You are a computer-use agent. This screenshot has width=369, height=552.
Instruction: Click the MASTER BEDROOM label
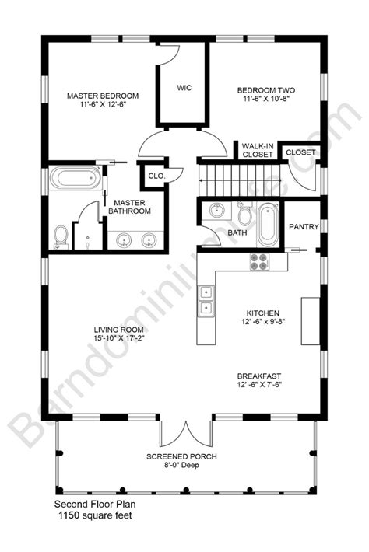103,96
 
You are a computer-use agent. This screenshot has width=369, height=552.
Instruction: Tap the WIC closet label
184,87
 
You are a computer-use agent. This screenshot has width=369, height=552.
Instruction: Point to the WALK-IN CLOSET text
257,150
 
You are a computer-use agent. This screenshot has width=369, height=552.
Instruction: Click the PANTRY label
302,227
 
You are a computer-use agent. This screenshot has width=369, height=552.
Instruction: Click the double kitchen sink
206,301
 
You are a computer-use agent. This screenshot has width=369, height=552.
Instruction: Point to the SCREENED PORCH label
185,456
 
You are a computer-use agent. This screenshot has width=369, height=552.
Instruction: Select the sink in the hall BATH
216,211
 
